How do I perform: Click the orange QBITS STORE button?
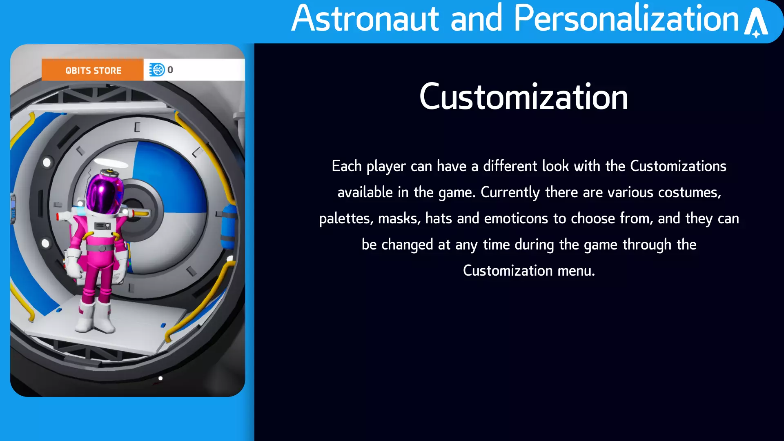coord(93,70)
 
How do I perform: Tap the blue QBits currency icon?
coord(157,70)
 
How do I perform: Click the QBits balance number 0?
coord(170,70)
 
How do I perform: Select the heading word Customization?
coord(523,97)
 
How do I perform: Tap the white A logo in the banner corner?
coord(756,23)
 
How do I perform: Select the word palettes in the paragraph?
coord(346,219)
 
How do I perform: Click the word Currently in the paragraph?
coord(510,193)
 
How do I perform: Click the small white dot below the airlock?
coord(160,378)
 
